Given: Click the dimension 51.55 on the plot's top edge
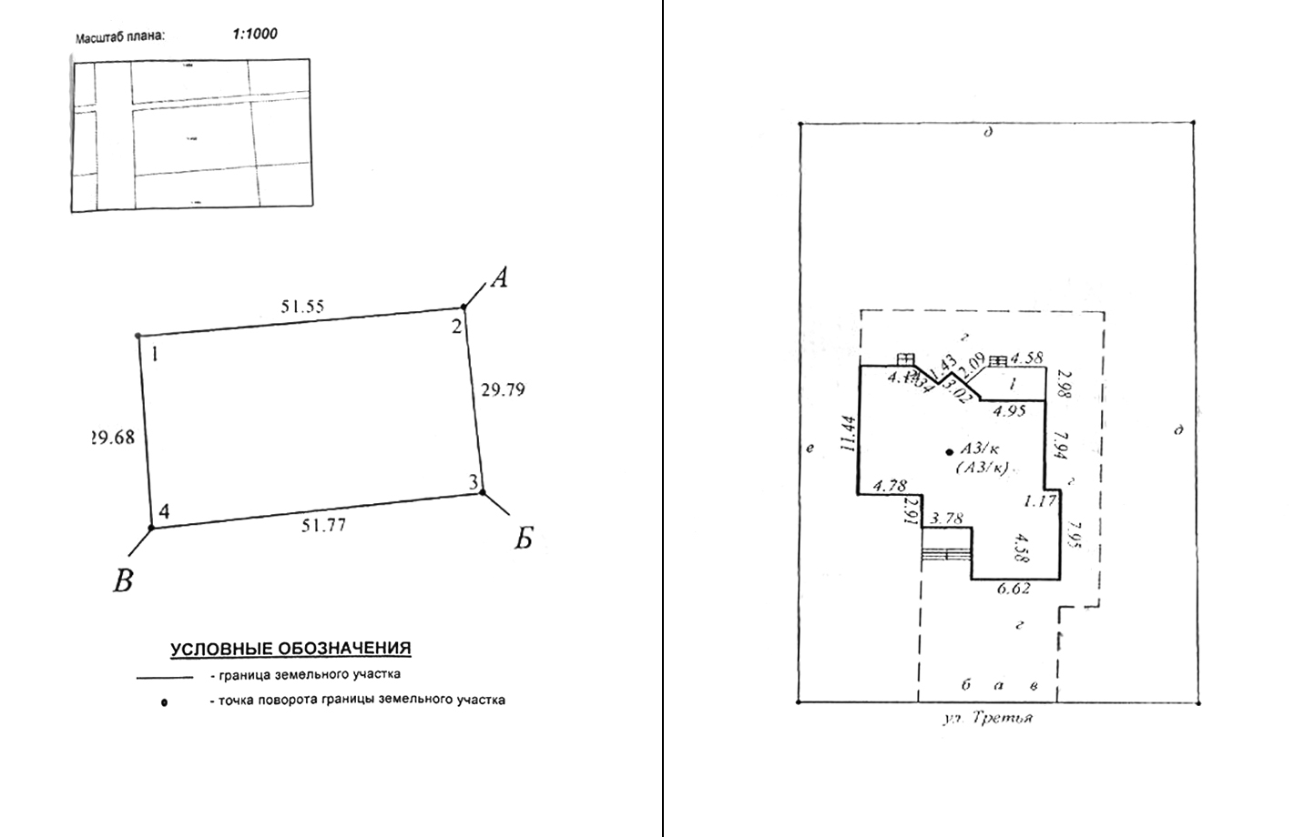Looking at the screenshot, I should (302, 307).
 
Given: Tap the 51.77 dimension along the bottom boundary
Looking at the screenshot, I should (324, 525).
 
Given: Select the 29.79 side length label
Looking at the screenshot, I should (503, 390).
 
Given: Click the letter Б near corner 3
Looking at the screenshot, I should (523, 540).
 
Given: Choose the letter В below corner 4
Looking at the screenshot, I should (123, 580).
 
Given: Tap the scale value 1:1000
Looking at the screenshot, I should (255, 35).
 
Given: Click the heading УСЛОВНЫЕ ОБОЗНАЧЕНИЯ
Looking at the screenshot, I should (290, 649).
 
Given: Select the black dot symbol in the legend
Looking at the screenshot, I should (164, 702).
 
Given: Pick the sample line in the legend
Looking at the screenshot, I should (164, 678).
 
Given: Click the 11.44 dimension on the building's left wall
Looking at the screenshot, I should (849, 435).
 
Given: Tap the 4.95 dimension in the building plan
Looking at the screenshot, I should (1009, 411).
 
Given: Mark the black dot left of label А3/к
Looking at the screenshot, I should (950, 450).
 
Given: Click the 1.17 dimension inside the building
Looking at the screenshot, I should (1039, 500).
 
